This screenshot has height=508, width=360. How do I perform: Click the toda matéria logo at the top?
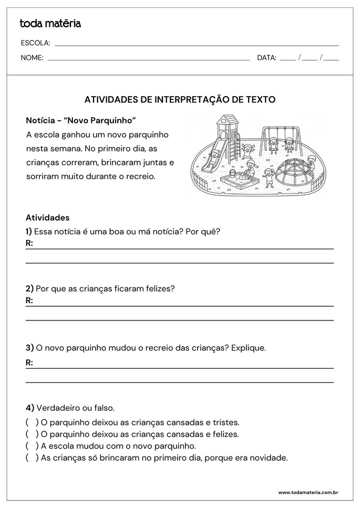click(50, 23)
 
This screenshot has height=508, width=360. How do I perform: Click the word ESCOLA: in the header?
click(35, 43)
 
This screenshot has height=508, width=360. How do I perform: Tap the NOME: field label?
click(32, 58)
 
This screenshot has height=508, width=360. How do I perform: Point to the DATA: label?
click(266, 58)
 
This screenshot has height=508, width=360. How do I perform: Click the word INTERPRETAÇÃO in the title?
click(202, 99)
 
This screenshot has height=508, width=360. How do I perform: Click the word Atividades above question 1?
click(47, 217)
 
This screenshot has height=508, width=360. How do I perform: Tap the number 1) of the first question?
click(28, 231)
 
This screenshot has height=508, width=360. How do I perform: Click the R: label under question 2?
click(29, 300)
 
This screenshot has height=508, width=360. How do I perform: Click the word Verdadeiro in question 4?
click(58, 408)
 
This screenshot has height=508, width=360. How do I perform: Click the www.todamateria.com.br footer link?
click(307, 492)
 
